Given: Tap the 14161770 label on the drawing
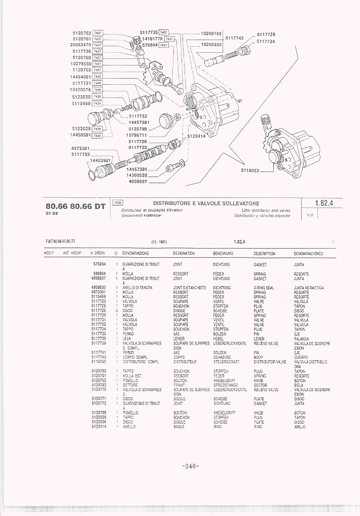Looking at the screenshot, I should pyautogui.click(x=152, y=39).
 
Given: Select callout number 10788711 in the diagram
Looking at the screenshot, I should pyautogui.click(x=137, y=135).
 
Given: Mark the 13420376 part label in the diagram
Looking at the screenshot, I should pyautogui.click(x=80, y=89).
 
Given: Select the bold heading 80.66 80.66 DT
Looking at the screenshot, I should pyautogui.click(x=76, y=205).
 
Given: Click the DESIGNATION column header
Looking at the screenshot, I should pyautogui.click(x=185, y=253).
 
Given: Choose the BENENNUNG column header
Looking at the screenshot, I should pyautogui.click(x=223, y=253).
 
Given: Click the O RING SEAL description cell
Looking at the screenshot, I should pyautogui.click(x=264, y=288).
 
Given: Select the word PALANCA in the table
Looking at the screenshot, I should pyautogui.click(x=301, y=338).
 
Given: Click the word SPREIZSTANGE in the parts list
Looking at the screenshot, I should pyautogui.click(x=226, y=385).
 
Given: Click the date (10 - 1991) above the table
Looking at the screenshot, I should pyautogui.click(x=159, y=242).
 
